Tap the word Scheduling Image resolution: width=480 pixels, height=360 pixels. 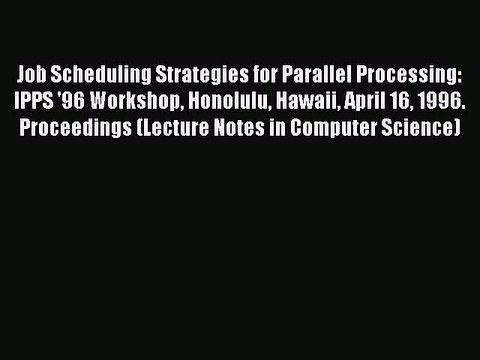coord(90,75)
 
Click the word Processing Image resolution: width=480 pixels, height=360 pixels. coord(399,75)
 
